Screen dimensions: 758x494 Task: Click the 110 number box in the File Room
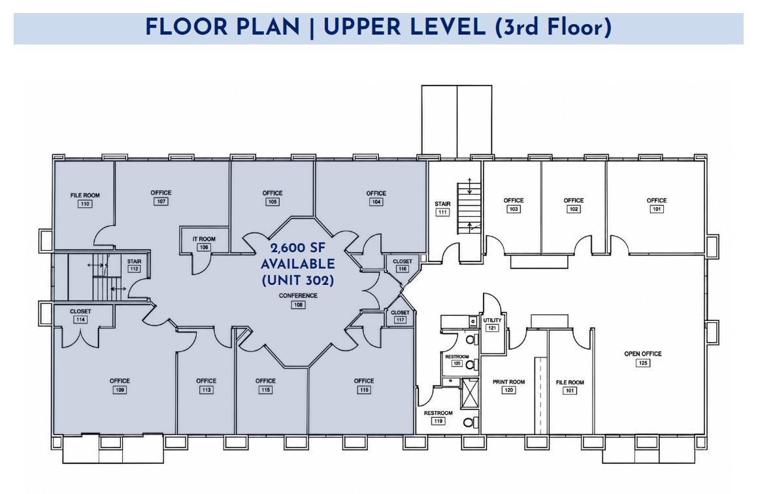[85, 204]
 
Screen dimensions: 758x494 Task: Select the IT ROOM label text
[204, 239]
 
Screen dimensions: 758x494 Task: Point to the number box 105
[272, 201]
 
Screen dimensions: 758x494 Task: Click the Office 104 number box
[376, 202]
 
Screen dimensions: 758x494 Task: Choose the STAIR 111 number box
[442, 212]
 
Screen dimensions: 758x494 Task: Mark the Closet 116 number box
[403, 269]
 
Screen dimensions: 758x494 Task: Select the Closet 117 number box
[401, 320]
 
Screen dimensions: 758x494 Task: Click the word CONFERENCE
[298, 296]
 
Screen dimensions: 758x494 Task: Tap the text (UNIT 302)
[298, 280]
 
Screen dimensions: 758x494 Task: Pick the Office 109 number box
[120, 389]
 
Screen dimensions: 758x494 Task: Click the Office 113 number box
[206, 389]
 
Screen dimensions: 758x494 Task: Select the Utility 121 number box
[492, 328]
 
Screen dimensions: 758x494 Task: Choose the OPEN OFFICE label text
[643, 354]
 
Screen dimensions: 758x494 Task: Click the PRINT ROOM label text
[508, 382]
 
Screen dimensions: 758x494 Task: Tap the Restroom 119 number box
[438, 421]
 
